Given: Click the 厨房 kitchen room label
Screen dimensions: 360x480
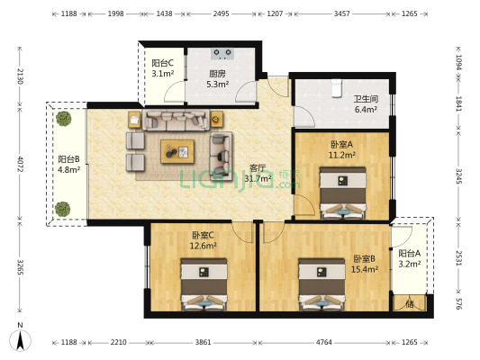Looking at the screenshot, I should click(217, 75).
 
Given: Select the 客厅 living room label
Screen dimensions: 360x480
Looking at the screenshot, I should click(258, 167).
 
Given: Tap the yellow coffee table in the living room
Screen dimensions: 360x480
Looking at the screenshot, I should click(177, 152).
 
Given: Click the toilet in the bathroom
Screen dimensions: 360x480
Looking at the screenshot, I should click(336, 85).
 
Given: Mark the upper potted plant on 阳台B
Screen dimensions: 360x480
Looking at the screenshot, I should click(62, 118).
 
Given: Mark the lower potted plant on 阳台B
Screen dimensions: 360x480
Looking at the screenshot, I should click(62, 208).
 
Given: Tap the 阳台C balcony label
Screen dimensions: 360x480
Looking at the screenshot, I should click(162, 63).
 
